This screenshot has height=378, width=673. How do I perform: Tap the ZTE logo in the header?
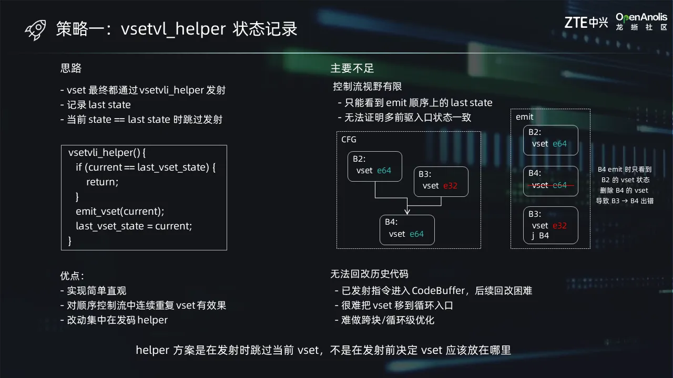pos(586,23)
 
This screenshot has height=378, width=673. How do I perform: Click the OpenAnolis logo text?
pos(641,17)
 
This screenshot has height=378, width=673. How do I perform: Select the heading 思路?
pos(71,68)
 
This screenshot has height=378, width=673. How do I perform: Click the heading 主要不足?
pos(352,68)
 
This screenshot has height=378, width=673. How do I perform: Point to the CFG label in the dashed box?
pos(349,140)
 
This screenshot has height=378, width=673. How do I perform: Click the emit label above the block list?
pos(525,117)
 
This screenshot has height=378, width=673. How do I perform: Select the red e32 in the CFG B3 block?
pos(450,186)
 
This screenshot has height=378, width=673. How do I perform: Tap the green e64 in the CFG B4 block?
pos(417,234)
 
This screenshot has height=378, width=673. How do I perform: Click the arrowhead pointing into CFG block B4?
pos(407,212)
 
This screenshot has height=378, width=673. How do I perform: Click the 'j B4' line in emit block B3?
pos(540,236)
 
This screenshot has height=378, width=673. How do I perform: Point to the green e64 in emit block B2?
pos(560,144)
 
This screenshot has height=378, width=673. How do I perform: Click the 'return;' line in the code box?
pos(103,182)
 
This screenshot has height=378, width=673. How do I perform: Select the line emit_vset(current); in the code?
pos(120,212)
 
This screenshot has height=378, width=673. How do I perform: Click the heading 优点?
pos(72,276)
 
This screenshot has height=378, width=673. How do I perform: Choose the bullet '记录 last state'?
pos(96,104)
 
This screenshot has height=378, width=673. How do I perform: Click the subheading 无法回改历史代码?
pos(369,274)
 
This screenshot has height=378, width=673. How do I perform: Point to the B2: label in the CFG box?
pos(359,159)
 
